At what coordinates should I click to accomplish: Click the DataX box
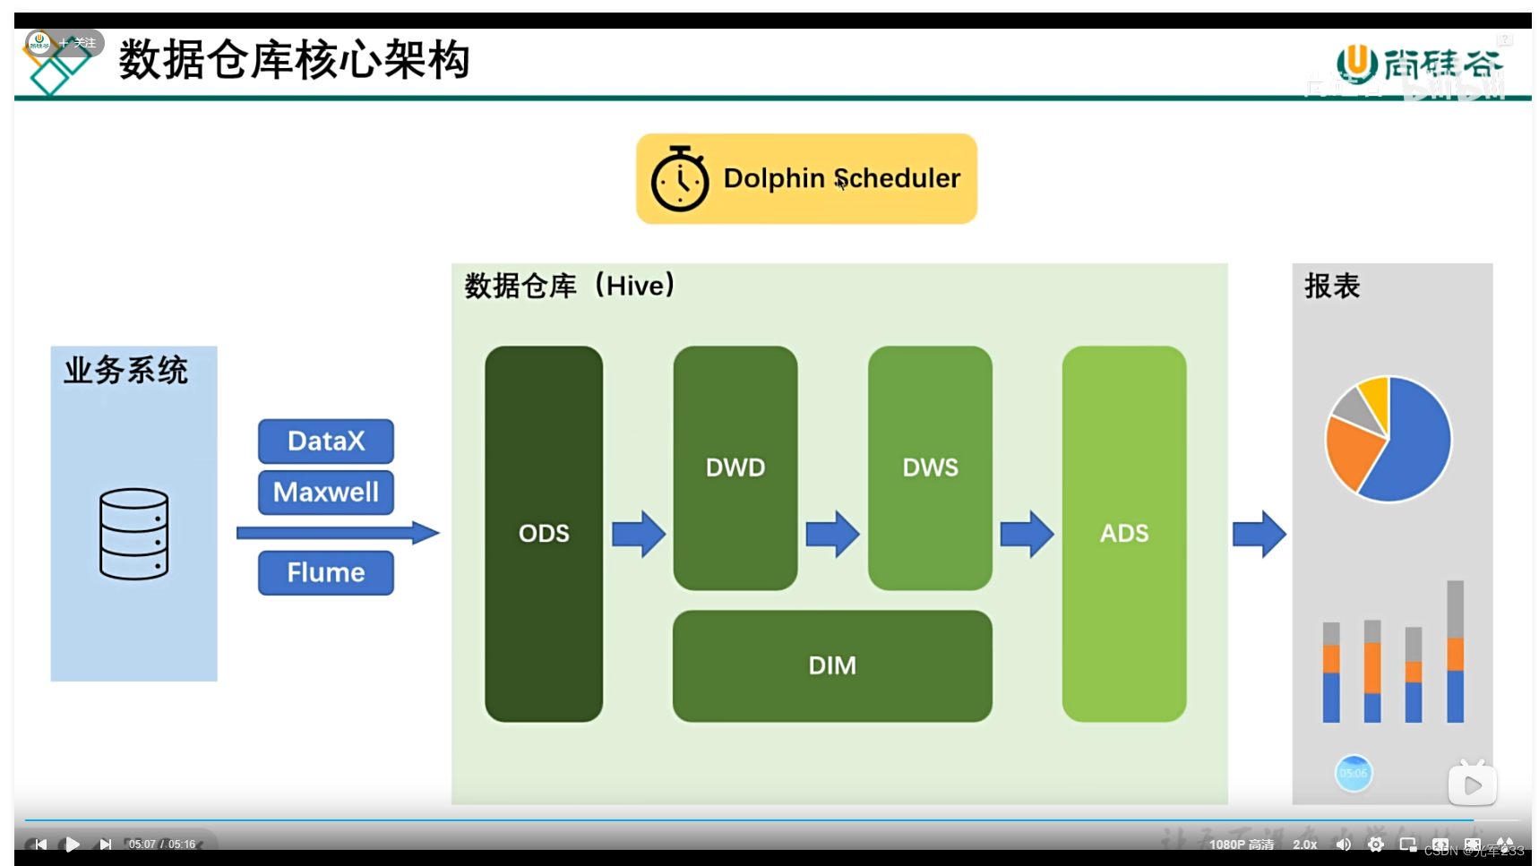(326, 441)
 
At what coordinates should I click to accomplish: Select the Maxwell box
(326, 492)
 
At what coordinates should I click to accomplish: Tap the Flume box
(326, 572)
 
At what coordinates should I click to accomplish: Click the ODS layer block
(544, 534)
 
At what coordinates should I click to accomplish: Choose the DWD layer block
(735, 467)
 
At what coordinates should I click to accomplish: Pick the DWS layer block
(930, 467)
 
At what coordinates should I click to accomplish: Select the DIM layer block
(832, 665)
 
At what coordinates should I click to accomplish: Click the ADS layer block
(1124, 534)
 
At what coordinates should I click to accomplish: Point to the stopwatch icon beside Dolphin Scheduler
(680, 179)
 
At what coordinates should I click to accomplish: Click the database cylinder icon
(134, 534)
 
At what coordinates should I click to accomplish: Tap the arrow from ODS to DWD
(639, 534)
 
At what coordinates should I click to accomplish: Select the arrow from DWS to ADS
(1027, 534)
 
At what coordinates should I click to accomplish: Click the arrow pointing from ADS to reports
(1260, 534)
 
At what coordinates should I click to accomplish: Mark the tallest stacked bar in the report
(1455, 651)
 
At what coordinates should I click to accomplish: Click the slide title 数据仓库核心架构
(294, 60)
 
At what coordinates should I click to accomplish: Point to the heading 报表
(1332, 287)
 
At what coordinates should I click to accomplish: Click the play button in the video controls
(73, 844)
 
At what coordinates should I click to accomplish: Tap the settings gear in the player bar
(1376, 844)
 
